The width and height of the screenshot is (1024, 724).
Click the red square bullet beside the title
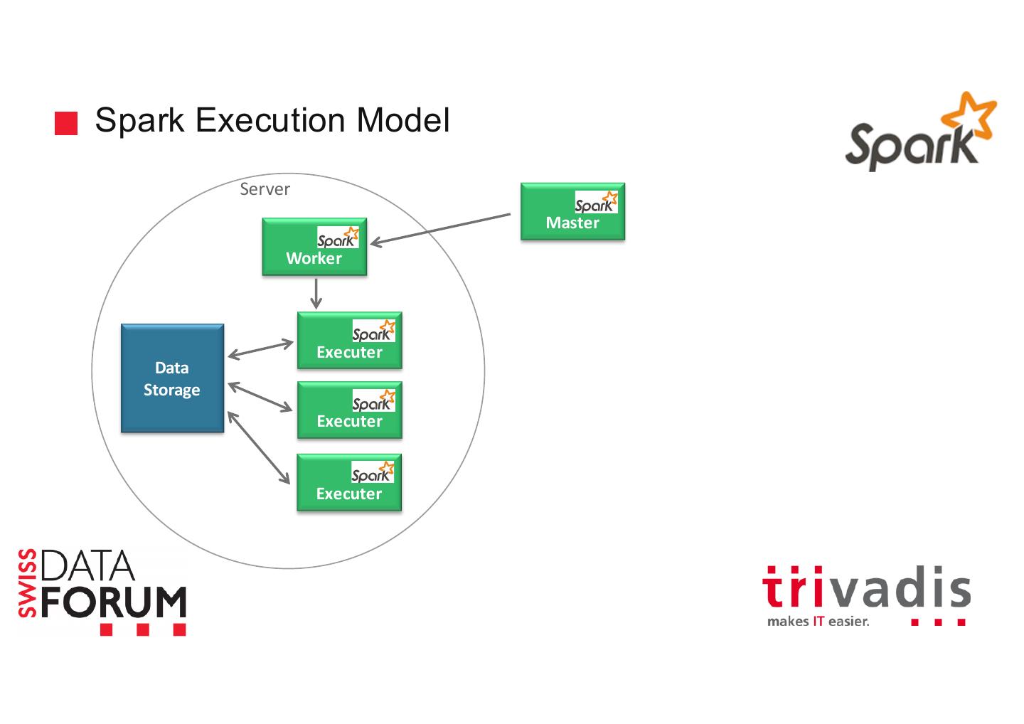pyautogui.click(x=66, y=123)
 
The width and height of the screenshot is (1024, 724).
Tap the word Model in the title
pyautogui.click(x=403, y=120)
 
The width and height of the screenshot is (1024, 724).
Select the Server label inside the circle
pyautogui.click(x=265, y=189)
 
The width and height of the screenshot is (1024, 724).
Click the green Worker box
pyautogui.click(x=314, y=247)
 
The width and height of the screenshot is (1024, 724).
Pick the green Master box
pyautogui.click(x=572, y=212)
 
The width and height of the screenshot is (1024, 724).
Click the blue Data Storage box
pyautogui.click(x=172, y=378)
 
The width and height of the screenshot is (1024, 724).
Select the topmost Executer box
pyautogui.click(x=349, y=341)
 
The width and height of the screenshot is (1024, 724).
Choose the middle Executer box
pyautogui.click(x=349, y=410)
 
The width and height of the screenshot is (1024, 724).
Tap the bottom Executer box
pyautogui.click(x=349, y=483)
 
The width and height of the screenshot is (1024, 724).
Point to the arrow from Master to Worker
pyautogui.click(x=441, y=228)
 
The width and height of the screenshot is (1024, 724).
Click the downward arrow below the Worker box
pyautogui.click(x=316, y=293)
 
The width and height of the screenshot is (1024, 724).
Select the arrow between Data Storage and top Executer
pyautogui.click(x=260, y=349)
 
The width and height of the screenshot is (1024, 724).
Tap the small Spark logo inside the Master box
pyautogui.click(x=596, y=203)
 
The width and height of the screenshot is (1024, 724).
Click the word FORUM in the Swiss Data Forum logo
pyautogui.click(x=114, y=603)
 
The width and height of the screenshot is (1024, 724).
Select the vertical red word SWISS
pyautogui.click(x=28, y=583)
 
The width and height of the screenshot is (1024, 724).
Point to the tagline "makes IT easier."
pyautogui.click(x=818, y=622)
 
